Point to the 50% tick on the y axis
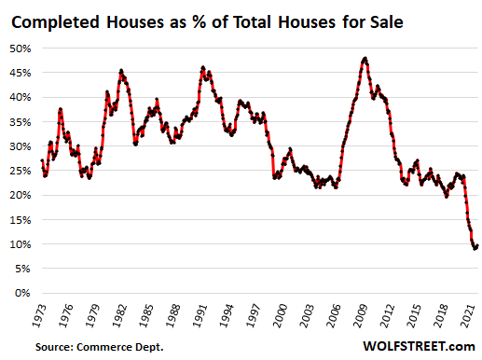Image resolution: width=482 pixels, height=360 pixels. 23,48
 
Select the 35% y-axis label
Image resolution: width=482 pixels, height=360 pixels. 23,121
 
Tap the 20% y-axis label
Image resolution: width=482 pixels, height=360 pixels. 23,195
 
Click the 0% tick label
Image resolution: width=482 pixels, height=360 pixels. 26,293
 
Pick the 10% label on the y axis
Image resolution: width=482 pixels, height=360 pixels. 23,244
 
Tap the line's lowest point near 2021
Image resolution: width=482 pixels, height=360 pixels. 475,248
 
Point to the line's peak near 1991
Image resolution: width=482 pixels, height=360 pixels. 203,67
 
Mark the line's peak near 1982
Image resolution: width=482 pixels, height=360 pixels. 121,70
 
